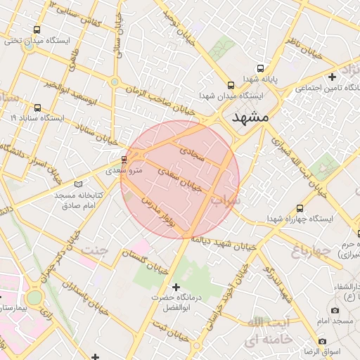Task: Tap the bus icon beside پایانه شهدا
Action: [261, 69]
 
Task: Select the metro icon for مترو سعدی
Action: [124, 160]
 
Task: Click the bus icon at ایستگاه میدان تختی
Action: [37, 30]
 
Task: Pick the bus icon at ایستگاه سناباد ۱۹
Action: [37, 108]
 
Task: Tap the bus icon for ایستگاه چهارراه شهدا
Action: [300, 209]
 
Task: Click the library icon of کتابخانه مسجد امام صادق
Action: [77, 184]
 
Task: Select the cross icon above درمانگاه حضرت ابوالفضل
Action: [176, 287]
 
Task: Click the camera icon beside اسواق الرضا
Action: [322, 341]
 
